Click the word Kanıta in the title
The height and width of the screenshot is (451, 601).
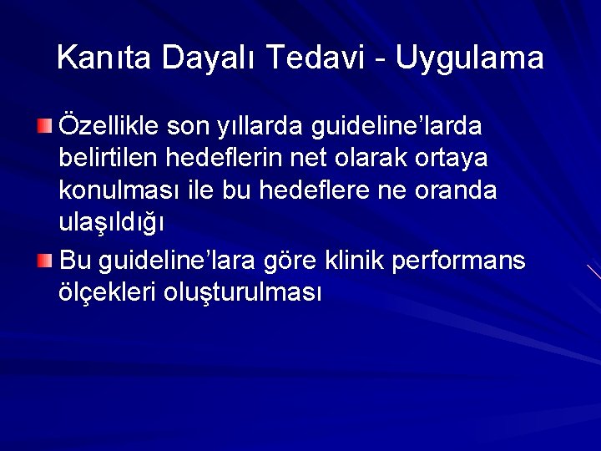pyautogui.click(x=105, y=58)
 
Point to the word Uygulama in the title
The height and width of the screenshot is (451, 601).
pyautogui.click(x=470, y=58)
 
